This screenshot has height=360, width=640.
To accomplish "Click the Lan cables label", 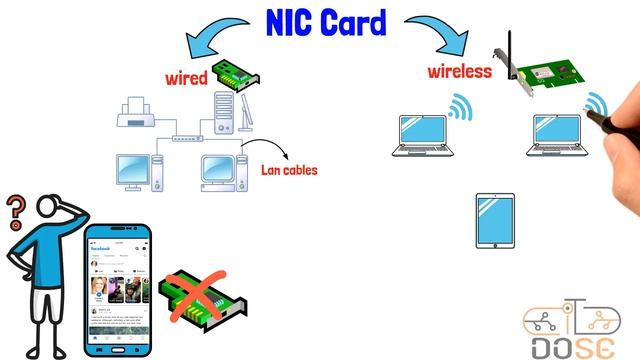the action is click(289, 170).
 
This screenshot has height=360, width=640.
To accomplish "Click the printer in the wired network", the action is click(136, 115).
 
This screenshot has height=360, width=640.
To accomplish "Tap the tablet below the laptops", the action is click(494, 221).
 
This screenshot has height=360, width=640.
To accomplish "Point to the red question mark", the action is click(15, 211).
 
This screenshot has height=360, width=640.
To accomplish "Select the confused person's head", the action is click(50, 210).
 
